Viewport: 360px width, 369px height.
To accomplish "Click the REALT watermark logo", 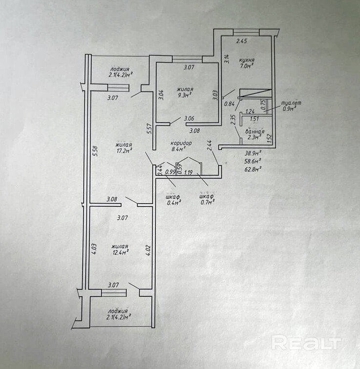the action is coord(305,342).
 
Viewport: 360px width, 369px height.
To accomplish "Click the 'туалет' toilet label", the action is coord(293,104).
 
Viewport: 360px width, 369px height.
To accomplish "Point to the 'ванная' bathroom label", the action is coord(255,132).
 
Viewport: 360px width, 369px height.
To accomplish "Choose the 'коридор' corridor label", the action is coord(181,143).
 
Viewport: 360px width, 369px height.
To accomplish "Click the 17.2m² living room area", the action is coord(123,151).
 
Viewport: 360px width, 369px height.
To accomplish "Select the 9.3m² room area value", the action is coord(184,96).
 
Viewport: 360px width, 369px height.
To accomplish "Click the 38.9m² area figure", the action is coord(253,153).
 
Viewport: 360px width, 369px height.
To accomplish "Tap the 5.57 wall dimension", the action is coord(149,129).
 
